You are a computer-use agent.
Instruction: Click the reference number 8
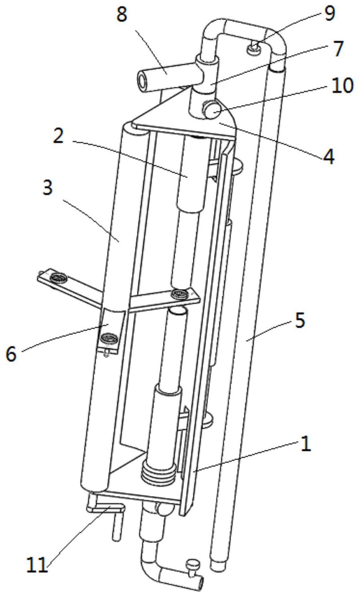pos(122,15)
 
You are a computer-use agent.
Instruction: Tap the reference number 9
pos(329,13)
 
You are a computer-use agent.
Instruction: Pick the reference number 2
pos(58,136)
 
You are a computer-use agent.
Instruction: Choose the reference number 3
pos(47,187)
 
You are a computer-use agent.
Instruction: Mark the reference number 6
pos(11,354)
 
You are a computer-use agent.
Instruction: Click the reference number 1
pos(305,445)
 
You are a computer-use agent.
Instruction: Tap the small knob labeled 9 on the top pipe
pos(253,49)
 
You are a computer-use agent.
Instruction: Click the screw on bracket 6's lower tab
pos(109,339)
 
